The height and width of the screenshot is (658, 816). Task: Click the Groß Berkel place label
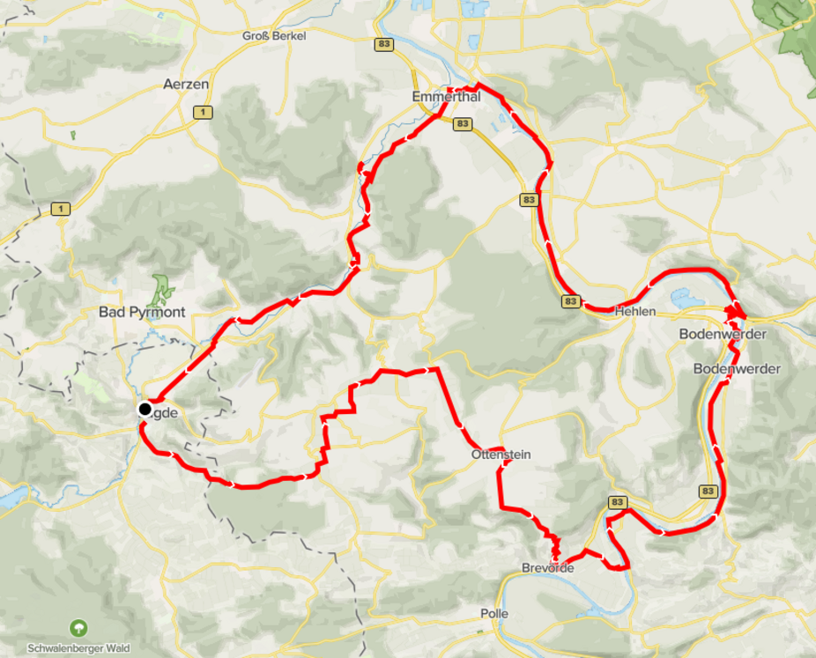pyautogui.click(x=274, y=35)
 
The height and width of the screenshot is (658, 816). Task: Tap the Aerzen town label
pyautogui.click(x=186, y=85)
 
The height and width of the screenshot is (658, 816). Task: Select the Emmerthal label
pyautogui.click(x=446, y=97)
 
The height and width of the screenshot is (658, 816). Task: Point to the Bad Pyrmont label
pyautogui.click(x=142, y=312)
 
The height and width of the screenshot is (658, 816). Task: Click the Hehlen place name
pyautogui.click(x=635, y=311)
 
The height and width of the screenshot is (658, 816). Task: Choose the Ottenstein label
pyautogui.click(x=501, y=455)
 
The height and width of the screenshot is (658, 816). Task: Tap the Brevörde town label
pyautogui.click(x=548, y=568)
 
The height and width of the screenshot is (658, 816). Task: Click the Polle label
pyautogui.click(x=494, y=613)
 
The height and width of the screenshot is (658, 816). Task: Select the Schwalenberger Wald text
pyautogui.click(x=78, y=648)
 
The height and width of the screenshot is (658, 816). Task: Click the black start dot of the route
pyautogui.click(x=145, y=409)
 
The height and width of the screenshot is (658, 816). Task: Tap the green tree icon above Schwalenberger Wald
pyautogui.click(x=78, y=628)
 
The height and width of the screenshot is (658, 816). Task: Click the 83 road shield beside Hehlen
pyautogui.click(x=571, y=301)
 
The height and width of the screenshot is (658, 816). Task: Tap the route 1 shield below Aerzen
pyautogui.click(x=204, y=112)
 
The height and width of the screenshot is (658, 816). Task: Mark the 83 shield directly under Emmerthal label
pyautogui.click(x=463, y=124)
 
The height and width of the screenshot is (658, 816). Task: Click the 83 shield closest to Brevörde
pyautogui.click(x=617, y=502)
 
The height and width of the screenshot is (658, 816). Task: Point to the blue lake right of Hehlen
pyautogui.click(x=687, y=299)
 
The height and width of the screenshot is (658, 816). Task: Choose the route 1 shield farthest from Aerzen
pyautogui.click(x=60, y=209)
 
